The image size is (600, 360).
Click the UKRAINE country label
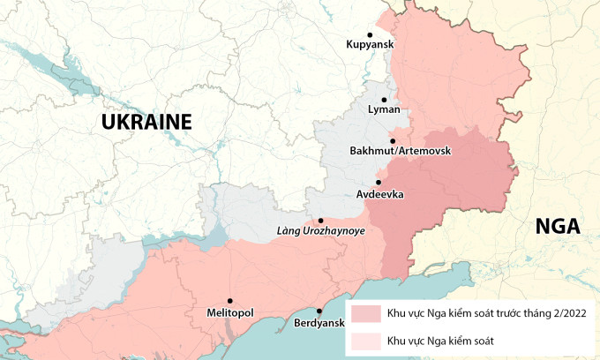pos(146,122)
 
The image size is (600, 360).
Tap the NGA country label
pos(558,227)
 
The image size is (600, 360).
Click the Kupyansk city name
pos(371,44)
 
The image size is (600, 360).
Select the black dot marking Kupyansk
pos(370,34)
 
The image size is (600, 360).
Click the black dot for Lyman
pos(384,100)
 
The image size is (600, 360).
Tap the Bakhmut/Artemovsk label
pos(400,151)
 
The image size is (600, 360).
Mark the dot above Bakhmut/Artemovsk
pos(392,140)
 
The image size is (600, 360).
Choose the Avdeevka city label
pos(380,193)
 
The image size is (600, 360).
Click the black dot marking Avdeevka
pos(379,183)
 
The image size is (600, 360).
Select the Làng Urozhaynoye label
pos(321,231)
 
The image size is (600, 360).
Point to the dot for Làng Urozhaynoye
pos(320,221)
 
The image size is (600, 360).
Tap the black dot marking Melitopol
pos(229,301)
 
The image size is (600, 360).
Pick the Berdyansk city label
pos(319,323)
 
